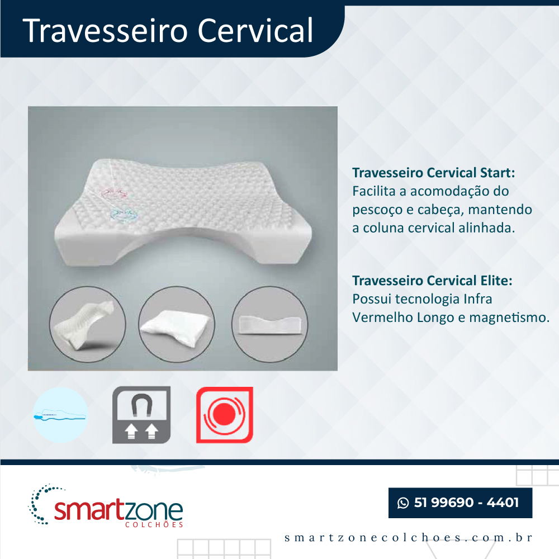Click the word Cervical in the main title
click(255, 30)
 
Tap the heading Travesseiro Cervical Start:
click(434, 173)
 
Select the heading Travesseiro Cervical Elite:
click(432, 281)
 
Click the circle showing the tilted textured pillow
click(88, 324)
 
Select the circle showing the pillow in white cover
click(177, 324)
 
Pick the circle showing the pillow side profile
click(270, 324)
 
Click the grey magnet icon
click(141, 415)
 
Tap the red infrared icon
click(225, 415)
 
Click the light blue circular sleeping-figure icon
click(60, 415)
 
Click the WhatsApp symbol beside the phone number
click(403, 503)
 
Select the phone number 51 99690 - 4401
click(466, 503)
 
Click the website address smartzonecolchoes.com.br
click(408, 537)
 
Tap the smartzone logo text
click(119, 510)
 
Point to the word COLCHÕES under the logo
click(154, 525)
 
